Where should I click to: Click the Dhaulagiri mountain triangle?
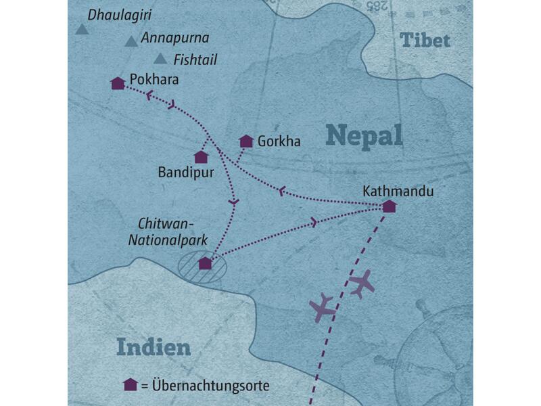[82, 29]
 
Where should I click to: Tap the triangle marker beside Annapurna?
[131, 42]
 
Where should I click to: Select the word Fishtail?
[195, 60]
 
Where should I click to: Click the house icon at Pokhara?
[118, 83]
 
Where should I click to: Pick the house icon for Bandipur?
[201, 157]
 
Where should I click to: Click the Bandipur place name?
[185, 173]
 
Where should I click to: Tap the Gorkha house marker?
[246, 141]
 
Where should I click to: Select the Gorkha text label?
[279, 141]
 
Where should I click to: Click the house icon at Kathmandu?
[389, 206]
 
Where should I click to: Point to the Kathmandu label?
[398, 191]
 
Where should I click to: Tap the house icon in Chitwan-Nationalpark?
[205, 264]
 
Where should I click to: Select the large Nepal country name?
[364, 135]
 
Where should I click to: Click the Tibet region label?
[425, 40]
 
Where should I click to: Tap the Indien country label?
[153, 347]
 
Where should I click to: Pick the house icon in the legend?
[131, 385]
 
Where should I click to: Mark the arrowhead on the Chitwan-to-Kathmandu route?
[314, 222]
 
